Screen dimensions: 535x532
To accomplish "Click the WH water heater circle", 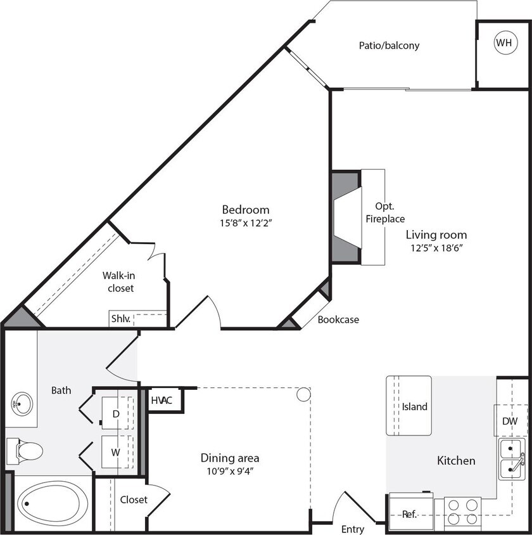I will [503, 43].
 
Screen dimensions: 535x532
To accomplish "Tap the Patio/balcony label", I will [389, 46].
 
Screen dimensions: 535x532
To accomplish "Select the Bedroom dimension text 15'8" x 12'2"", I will [246, 222].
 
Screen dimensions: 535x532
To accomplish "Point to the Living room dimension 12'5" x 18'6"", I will [437, 248].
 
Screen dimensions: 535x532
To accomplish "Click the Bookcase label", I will [338, 319].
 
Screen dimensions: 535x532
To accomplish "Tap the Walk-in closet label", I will [118, 281].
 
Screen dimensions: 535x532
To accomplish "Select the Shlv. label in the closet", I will [120, 319].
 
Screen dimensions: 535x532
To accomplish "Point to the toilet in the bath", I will [25, 451].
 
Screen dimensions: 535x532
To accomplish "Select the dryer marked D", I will [116, 413].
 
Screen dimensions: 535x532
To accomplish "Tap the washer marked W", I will [116, 453].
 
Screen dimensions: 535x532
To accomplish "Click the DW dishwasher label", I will [510, 421].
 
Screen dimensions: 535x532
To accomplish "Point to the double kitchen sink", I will [512, 460].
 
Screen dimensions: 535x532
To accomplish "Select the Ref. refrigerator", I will [409, 514].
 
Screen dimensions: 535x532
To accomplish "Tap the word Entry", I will [353, 529].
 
